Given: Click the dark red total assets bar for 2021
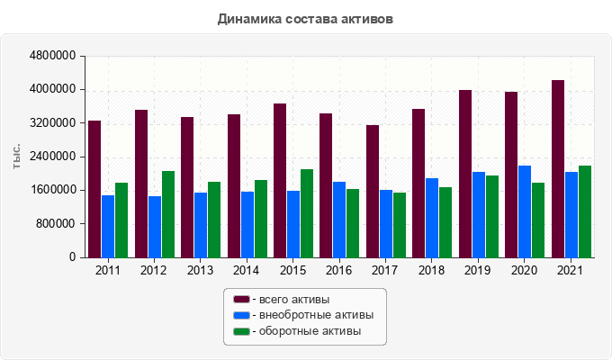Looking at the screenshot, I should click(x=558, y=169).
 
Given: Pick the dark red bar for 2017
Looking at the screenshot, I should click(x=373, y=191).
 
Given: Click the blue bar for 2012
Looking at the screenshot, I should click(x=155, y=227).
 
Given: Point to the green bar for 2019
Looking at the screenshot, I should click(x=492, y=216).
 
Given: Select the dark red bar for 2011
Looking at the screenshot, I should click(x=94, y=189).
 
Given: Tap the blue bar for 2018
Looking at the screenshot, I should click(x=432, y=218).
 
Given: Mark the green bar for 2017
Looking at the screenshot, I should click(x=400, y=225).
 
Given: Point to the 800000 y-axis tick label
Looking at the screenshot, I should click(x=57, y=223).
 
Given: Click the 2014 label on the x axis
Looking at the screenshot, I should click(x=247, y=270).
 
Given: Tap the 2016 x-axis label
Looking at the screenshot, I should click(x=339, y=270).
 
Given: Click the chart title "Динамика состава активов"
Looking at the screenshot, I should click(x=305, y=18).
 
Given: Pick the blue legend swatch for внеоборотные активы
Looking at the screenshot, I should click(x=241, y=315).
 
